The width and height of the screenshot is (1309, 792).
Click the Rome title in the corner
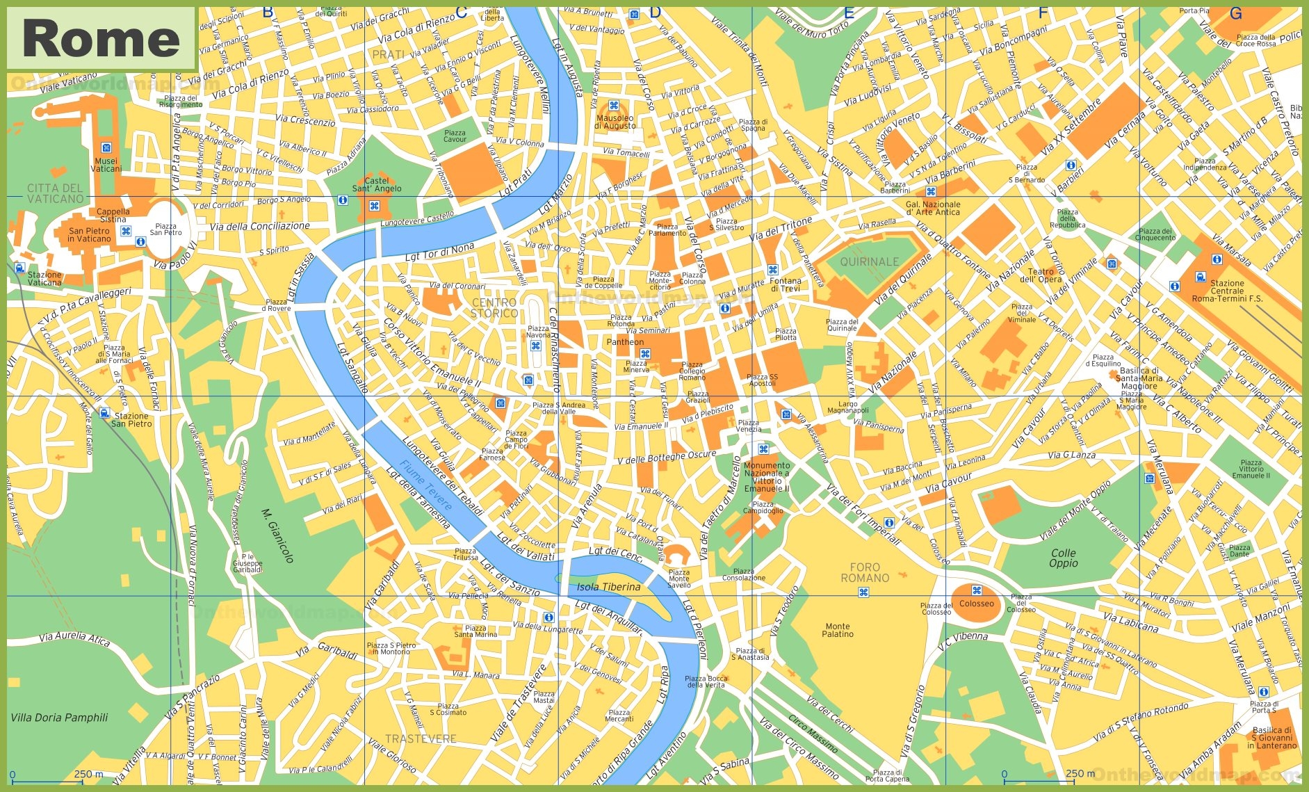(x=101, y=39)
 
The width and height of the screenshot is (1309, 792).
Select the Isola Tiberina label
(x=608, y=587)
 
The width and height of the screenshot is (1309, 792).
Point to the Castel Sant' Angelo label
(x=377, y=184)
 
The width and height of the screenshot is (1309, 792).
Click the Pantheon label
(x=625, y=342)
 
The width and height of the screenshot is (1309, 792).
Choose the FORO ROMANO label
(x=865, y=573)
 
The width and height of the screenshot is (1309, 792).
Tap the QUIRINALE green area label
(x=869, y=262)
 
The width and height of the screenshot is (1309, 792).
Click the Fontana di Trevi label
(x=786, y=284)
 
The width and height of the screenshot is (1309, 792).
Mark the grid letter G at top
(x=1235, y=13)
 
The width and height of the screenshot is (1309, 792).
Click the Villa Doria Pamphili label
(x=60, y=718)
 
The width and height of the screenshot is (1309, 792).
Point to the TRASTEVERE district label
(x=421, y=739)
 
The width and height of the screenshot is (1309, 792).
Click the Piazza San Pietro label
(x=165, y=229)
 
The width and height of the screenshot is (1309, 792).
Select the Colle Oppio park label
(x=1063, y=558)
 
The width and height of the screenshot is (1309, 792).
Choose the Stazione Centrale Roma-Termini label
(x=1226, y=291)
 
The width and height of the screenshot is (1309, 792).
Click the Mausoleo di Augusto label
(x=615, y=122)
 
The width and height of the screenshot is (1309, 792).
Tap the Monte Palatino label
(x=838, y=630)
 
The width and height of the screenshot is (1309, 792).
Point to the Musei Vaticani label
(x=106, y=165)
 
